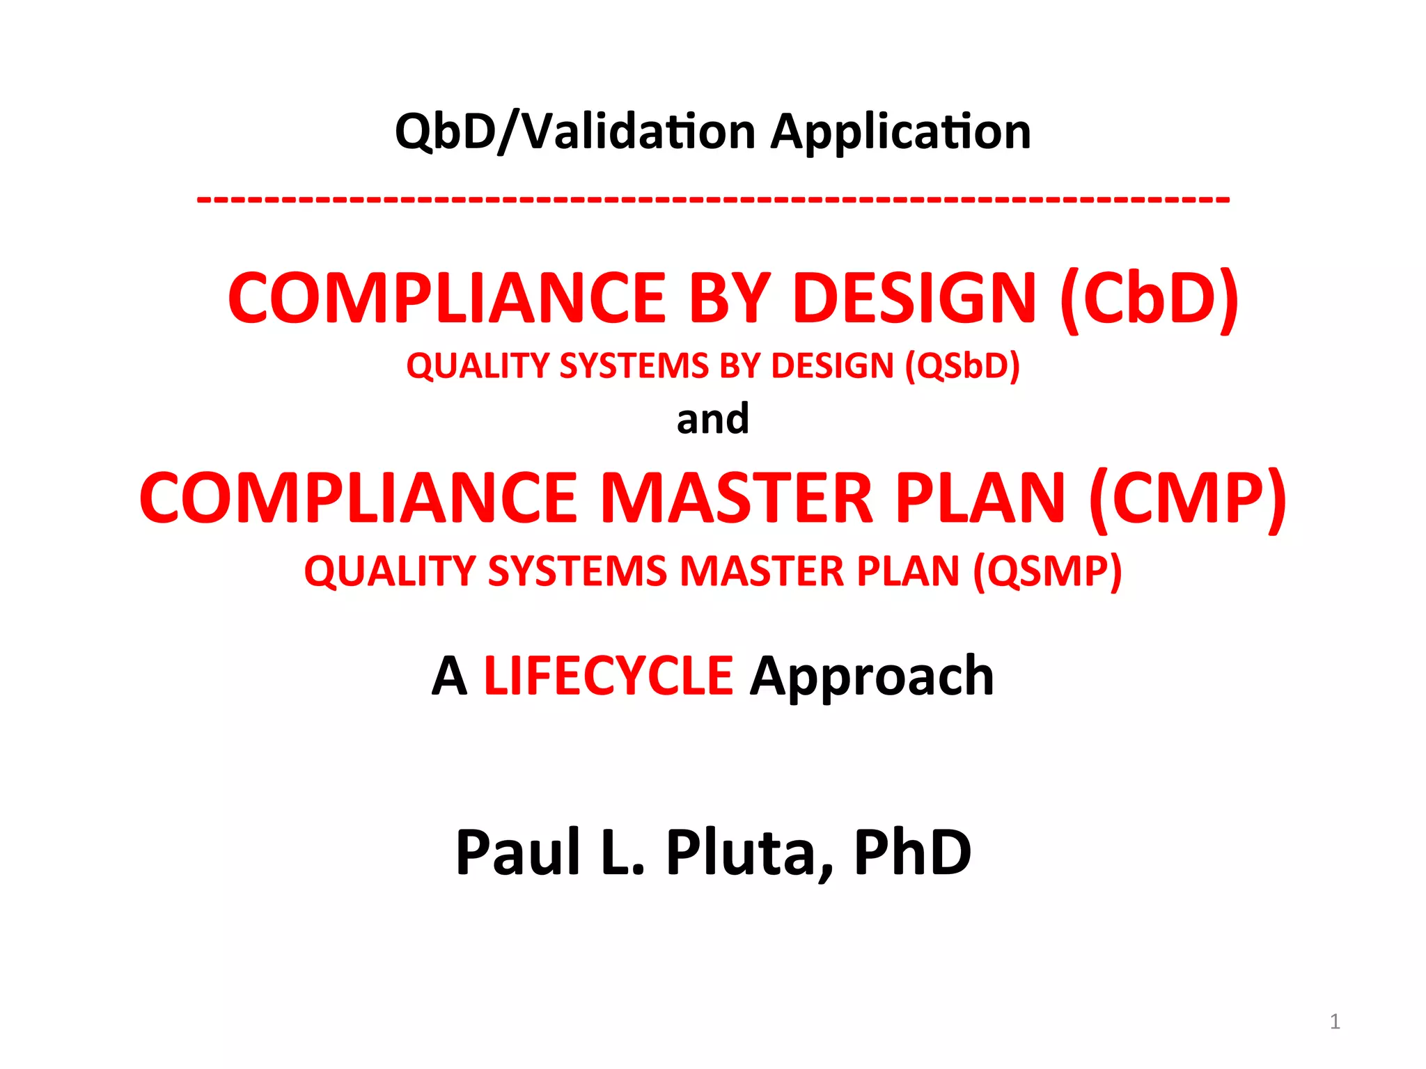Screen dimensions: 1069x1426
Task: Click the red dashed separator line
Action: point(713,200)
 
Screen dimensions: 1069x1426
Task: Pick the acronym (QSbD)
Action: point(962,366)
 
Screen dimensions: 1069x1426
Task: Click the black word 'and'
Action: point(713,419)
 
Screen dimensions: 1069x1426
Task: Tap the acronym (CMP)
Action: point(1188,498)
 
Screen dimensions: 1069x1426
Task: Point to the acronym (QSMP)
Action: point(1047,572)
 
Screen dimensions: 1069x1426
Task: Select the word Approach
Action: point(872,676)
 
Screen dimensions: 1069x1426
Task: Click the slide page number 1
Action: point(1335,1021)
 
